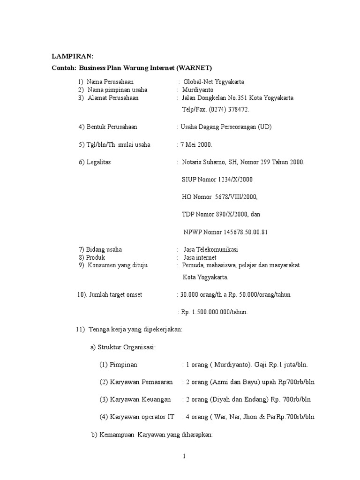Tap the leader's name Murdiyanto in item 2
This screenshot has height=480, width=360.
click(x=197, y=90)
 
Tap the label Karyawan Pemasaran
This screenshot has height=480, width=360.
click(x=141, y=382)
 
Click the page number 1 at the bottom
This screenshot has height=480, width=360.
click(x=185, y=457)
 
